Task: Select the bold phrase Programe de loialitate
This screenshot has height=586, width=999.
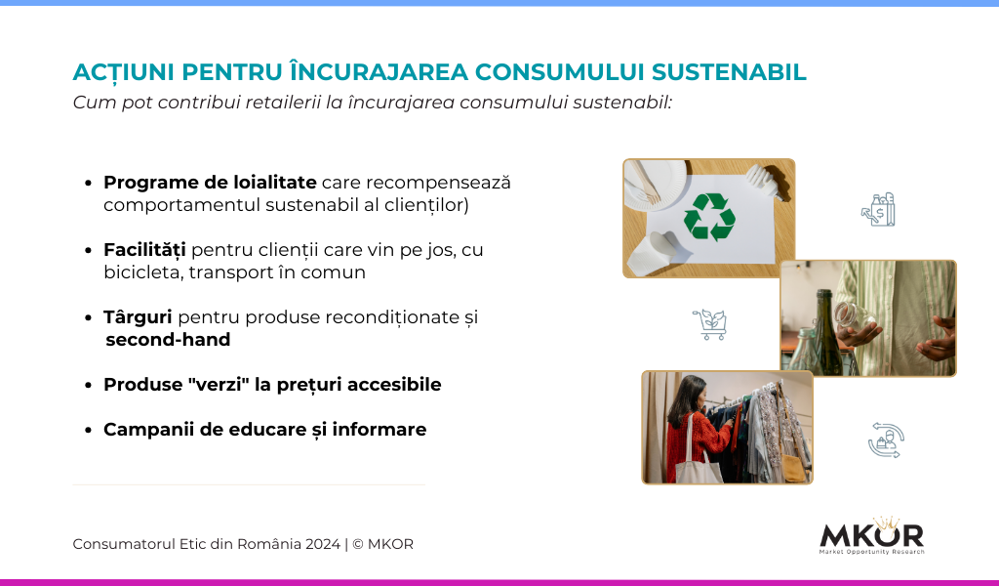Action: [x=210, y=183]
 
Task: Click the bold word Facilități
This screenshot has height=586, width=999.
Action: [x=144, y=250]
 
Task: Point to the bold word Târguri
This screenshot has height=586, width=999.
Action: [x=138, y=316]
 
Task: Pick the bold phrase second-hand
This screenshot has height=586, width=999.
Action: [x=168, y=340]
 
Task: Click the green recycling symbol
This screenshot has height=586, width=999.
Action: [x=709, y=218]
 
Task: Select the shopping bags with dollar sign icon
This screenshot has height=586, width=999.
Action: [x=878, y=210]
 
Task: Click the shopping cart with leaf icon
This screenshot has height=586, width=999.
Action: [x=710, y=324]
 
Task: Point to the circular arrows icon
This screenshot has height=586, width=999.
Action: [x=886, y=439]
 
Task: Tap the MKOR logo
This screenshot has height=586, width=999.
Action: [x=871, y=535]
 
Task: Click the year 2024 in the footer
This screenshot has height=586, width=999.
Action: [x=322, y=544]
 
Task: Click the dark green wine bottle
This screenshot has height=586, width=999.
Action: [x=824, y=331]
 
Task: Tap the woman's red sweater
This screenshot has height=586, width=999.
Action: [x=696, y=443]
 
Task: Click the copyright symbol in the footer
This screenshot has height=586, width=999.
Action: [x=357, y=544]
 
